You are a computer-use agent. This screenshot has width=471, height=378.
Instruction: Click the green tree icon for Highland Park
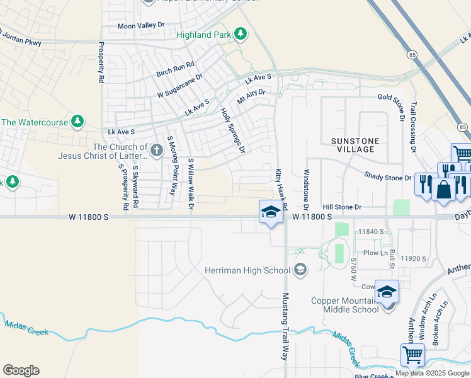point(240,33)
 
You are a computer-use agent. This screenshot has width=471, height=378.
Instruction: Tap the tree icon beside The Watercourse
point(77,121)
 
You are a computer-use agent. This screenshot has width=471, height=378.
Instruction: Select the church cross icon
point(156,150)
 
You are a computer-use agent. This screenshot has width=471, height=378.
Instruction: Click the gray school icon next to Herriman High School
point(300,270)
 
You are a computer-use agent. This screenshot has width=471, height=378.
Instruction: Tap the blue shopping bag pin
point(444,190)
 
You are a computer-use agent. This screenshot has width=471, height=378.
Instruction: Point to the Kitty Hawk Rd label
point(281,189)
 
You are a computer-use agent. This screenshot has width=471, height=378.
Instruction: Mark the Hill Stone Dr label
point(342,207)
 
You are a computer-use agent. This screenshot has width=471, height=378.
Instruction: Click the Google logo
point(21,370)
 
